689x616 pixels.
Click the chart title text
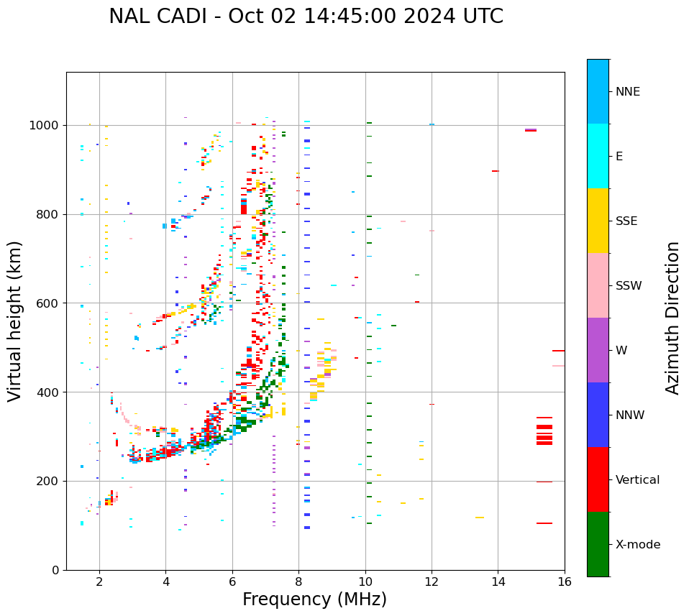pyautogui.click(x=306, y=17)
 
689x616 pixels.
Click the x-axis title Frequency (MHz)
pyautogui.click(x=314, y=599)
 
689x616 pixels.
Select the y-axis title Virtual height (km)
pyautogui.click(x=15, y=321)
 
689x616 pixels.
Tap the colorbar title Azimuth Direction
pyautogui.click(x=672, y=318)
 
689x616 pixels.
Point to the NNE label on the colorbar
pyautogui.click(x=627, y=92)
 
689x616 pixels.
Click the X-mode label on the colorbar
pyautogui.click(x=637, y=545)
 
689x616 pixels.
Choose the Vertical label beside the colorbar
pyautogui.click(x=637, y=480)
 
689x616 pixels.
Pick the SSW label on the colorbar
pyautogui.click(x=629, y=286)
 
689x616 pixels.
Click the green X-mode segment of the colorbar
pyautogui.click(x=598, y=544)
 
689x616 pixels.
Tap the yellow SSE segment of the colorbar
pyautogui.click(x=598, y=221)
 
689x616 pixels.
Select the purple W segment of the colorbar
pyautogui.click(x=598, y=350)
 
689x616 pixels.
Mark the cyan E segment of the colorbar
pyautogui.click(x=598, y=156)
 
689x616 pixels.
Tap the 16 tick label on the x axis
pyautogui.click(x=564, y=581)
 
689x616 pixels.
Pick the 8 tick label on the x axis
pyautogui.click(x=298, y=581)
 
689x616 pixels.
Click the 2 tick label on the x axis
pyautogui.click(x=99, y=581)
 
